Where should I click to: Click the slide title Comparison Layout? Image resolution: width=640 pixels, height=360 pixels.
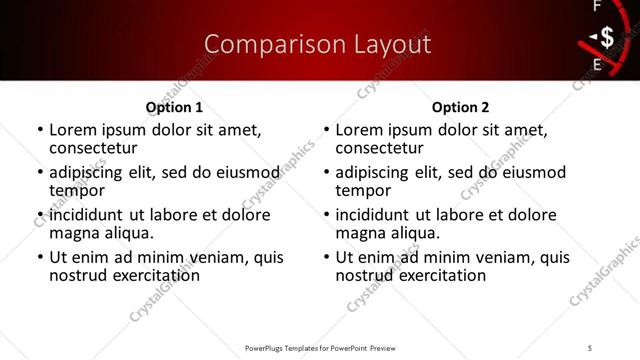[317, 44]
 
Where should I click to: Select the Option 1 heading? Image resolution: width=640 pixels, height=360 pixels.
[174, 107]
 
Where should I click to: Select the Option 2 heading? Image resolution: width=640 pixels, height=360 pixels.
[460, 107]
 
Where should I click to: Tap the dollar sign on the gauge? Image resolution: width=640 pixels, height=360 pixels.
[607, 38]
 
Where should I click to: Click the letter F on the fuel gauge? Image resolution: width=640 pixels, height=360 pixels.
[598, 7]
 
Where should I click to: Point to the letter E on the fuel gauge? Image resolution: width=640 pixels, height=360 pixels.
[598, 66]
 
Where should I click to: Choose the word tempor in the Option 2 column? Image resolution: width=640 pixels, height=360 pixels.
[361, 190]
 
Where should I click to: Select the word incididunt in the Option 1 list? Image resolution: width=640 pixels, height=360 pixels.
[87, 214]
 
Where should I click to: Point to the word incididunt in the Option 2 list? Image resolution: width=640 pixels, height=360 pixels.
[373, 214]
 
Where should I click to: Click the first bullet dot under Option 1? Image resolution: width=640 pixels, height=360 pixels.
[40, 131]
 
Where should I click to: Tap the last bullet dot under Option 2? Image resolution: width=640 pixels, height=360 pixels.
[326, 257]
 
